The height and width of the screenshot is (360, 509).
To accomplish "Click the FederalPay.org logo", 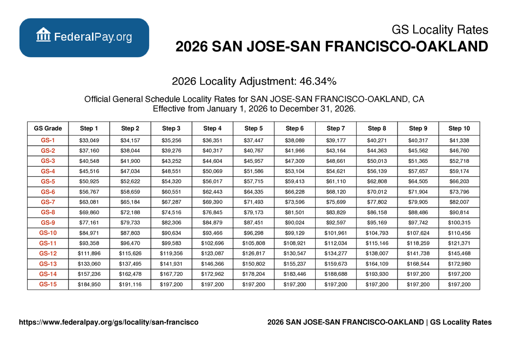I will coord(84,37).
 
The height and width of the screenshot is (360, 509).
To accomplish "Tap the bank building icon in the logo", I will coord(43,35).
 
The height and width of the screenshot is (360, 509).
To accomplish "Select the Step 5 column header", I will coord(254,128).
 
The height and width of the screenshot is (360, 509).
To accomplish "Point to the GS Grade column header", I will coord(48,128).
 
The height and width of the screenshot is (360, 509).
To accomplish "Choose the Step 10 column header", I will coord(459,128).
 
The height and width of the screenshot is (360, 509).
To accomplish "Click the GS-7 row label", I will coord(48,202).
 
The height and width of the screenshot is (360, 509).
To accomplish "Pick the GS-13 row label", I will coord(48,264).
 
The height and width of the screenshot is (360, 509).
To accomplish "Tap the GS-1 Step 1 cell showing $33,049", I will coord(89,140).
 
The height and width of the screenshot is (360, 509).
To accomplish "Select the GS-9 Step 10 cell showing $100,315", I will coord(459,223).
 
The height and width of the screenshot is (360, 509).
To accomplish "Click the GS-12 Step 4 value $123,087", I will coord(212,254).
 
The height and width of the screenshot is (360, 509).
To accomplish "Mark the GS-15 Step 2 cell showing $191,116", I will coord(130,285).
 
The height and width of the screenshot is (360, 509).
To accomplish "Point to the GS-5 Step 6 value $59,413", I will coord(295,181).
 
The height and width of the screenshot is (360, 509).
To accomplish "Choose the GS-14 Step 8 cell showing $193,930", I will coord(377,274).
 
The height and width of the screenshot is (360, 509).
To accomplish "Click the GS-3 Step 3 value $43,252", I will coord(171,161).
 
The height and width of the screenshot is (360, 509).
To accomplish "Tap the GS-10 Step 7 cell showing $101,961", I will coord(336,233).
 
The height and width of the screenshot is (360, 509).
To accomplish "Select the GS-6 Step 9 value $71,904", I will coord(418,192).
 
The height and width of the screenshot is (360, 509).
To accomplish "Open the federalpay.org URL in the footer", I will coord(109,322).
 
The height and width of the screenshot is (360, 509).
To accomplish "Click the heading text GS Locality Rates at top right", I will coord(440,30).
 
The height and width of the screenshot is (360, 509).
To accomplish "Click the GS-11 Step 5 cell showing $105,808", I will coord(254,243).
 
